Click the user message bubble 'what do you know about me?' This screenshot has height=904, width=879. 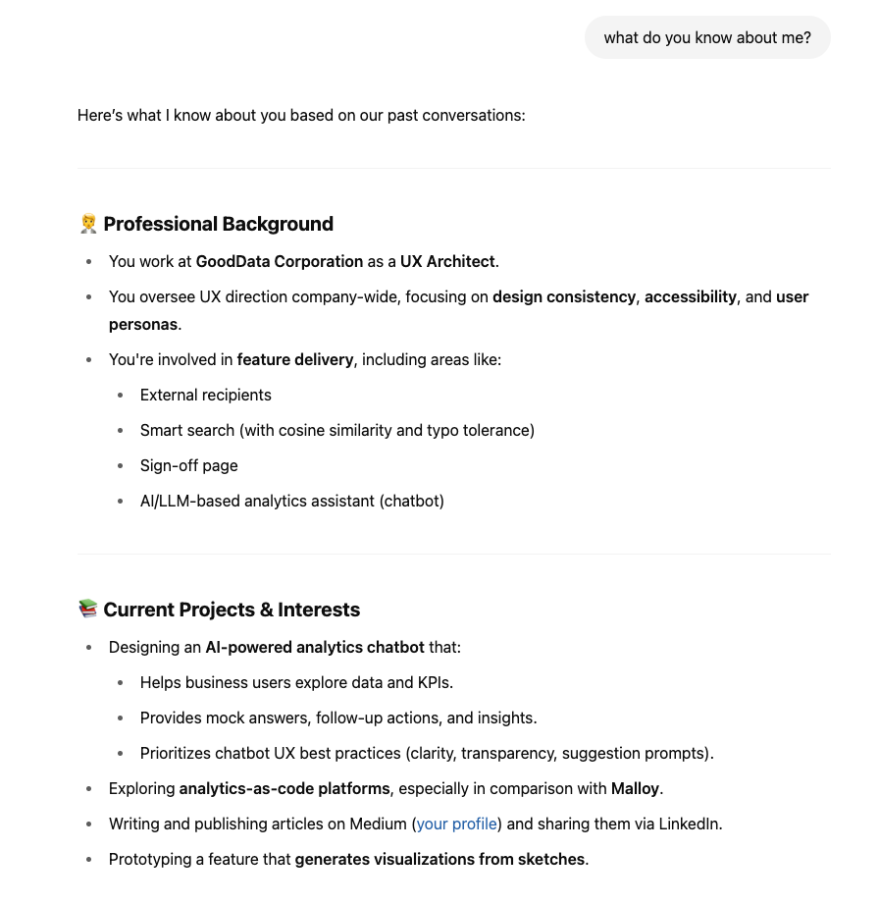click(x=707, y=38)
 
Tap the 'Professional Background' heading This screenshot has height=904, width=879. click(x=218, y=224)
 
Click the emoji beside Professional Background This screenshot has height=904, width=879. click(x=88, y=224)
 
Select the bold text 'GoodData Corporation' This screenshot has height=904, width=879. click(x=280, y=261)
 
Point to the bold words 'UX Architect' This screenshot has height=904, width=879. click(x=447, y=261)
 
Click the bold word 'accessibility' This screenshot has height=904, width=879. click(x=690, y=296)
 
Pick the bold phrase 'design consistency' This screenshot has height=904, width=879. click(x=564, y=296)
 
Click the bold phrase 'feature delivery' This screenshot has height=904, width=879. click(x=294, y=359)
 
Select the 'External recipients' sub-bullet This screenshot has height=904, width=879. click(x=206, y=395)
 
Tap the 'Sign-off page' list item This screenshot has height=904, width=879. click(x=189, y=465)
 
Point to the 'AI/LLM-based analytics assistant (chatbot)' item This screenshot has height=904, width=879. click(x=292, y=501)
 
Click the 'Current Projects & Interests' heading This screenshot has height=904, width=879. click(x=232, y=610)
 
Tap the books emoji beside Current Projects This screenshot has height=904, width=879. click(x=88, y=610)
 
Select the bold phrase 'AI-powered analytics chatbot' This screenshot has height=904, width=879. click(x=314, y=647)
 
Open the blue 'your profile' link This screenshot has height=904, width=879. click(x=456, y=824)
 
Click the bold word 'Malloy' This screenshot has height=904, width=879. click(x=636, y=788)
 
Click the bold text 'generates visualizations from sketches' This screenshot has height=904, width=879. click(x=439, y=859)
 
